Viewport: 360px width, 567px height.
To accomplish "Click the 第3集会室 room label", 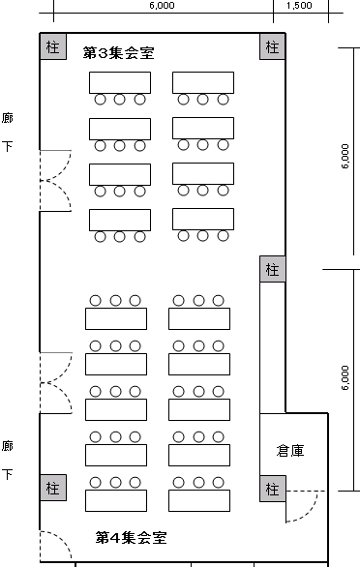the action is (x=119, y=53).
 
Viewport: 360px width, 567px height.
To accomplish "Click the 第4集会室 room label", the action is (x=131, y=537).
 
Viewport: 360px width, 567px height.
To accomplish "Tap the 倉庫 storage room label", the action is (x=290, y=451).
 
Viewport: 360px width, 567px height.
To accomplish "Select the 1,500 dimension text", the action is (x=299, y=6).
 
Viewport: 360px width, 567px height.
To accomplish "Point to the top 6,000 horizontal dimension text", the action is (x=162, y=6).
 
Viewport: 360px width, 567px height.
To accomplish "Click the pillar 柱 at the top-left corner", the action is (x=53, y=46).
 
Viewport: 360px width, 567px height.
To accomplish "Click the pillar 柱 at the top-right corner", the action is (x=273, y=46).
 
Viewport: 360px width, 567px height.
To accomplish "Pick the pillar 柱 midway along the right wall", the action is (x=273, y=269).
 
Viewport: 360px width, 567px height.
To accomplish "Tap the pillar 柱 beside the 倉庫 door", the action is (x=273, y=489).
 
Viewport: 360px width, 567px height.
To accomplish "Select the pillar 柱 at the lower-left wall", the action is (x=53, y=488).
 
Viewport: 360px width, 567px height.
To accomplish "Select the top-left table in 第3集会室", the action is (x=120, y=82).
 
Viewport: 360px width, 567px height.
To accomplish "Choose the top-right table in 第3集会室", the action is (x=203, y=82).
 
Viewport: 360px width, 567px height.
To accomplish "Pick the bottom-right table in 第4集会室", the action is (x=199, y=500).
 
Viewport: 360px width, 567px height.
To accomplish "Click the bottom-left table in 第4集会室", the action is (x=116, y=500).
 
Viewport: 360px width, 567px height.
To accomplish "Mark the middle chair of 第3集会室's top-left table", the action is (x=120, y=100).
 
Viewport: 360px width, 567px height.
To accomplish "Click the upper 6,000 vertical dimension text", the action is (x=345, y=156).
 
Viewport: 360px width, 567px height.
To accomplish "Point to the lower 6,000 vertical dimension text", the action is (x=345, y=378).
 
